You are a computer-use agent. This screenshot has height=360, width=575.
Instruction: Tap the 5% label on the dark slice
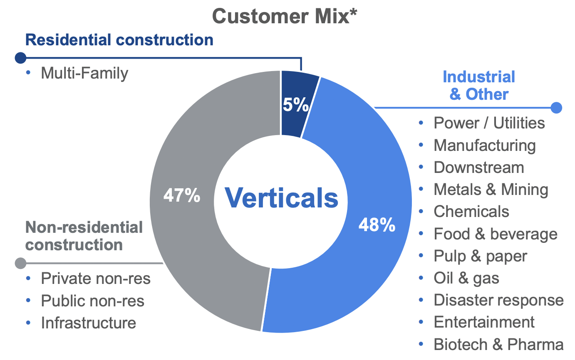pos(295,105)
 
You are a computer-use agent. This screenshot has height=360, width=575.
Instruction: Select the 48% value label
pos(377,226)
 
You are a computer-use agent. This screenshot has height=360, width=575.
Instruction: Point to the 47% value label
pos(182,195)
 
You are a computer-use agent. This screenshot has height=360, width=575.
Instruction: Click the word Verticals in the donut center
pos(282,198)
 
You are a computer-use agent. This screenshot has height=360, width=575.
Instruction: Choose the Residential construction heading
pos(119,40)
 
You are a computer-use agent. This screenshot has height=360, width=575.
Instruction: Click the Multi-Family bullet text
pos(84,74)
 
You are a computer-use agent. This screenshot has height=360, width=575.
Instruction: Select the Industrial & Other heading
pos(479,86)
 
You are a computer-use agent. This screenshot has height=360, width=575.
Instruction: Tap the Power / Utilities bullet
pos(489,123)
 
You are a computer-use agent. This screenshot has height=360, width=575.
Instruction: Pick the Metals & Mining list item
pos(491,190)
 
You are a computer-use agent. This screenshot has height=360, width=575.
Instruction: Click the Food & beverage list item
pos(495,234)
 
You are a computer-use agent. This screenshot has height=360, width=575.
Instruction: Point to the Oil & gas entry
pos(466,278)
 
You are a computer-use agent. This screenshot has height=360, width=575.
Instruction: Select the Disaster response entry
pos(498,300)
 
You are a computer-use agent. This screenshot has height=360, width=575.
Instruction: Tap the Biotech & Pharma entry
pos(498,345)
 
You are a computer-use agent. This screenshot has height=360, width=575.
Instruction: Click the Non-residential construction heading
pos(84,236)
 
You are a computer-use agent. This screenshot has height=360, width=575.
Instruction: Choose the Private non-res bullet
pos(96,279)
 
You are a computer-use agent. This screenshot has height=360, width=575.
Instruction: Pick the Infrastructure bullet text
pos(88,323)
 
